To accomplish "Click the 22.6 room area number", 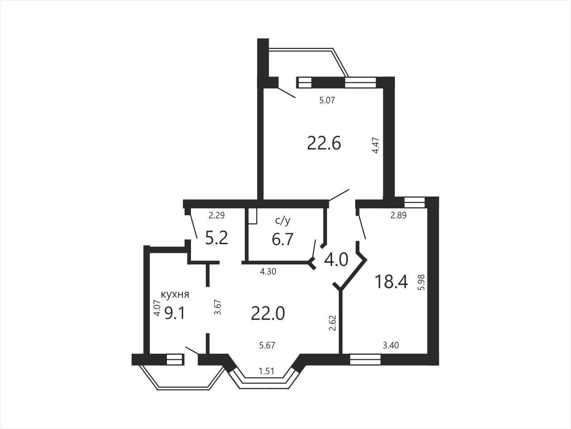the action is coord(324,144).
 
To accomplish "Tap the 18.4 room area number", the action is coord(391,282).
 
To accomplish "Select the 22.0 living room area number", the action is coord(268,313).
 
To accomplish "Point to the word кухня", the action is coord(175,294).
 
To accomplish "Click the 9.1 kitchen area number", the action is coord(175,313).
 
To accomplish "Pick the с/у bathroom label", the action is coord(282,221).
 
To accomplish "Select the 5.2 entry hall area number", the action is coord(216,238).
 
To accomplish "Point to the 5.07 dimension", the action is coord(327,100).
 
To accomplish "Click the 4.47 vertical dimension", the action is coord(376,145).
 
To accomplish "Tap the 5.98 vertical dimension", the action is coord(421,282).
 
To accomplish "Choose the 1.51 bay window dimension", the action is coord(267,371).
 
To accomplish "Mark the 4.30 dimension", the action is coord(268,272).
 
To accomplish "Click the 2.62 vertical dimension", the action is coord(333,323).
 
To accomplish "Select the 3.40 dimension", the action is coord(391,345).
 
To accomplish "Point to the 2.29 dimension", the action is coord(216,216).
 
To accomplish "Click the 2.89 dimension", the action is coord(399,216).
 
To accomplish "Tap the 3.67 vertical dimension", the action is coord(218,307).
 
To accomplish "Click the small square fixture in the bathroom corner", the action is coord(252,216).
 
